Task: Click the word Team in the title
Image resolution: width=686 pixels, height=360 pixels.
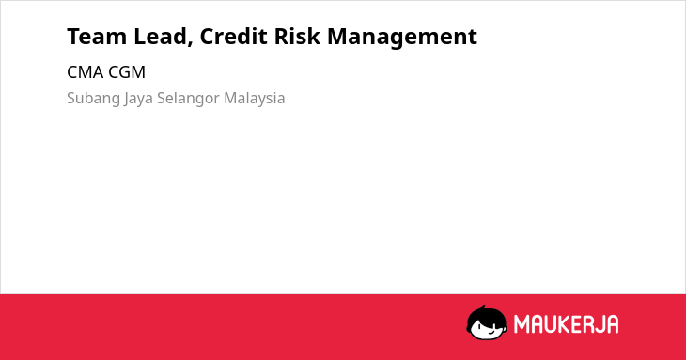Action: pos(97,37)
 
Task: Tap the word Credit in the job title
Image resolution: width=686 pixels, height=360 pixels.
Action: pos(233,37)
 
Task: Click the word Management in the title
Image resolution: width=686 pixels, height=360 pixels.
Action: pos(402,38)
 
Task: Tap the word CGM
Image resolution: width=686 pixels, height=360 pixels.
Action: pos(127,72)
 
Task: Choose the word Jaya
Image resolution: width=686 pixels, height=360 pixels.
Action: pos(138,99)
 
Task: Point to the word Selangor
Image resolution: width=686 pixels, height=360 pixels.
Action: pos(188,99)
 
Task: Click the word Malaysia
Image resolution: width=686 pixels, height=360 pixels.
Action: pos(254,99)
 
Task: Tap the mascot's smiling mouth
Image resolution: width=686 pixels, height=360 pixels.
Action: pos(491,332)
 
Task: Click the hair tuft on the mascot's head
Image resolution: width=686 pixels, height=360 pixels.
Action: pos(483,307)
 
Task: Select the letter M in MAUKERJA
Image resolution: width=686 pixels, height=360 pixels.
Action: pos(522,324)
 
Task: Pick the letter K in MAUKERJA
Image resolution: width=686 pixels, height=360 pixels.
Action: pos(563,324)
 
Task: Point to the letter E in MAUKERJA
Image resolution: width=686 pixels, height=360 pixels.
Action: pos(575,324)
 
